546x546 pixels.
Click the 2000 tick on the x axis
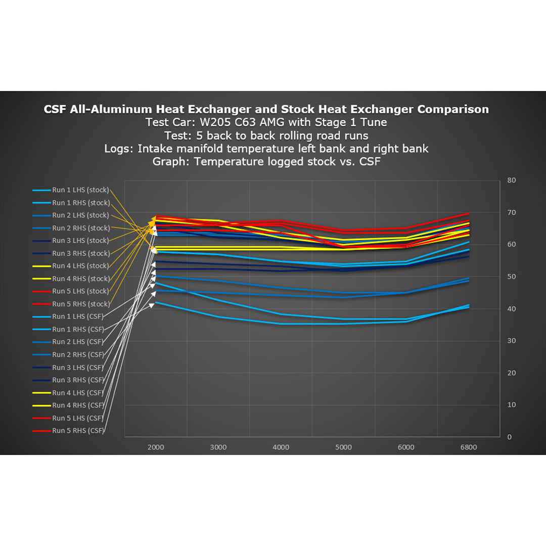coord(156,447)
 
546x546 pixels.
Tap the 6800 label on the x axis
coord(468,447)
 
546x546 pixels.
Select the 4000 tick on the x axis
coord(281,447)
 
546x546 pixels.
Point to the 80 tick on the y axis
coord(512,180)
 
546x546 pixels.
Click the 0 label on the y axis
coord(510,437)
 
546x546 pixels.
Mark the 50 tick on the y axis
coord(512,277)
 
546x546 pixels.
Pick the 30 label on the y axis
coord(512,341)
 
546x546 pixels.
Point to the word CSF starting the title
coord(56,109)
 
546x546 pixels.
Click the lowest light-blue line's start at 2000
coord(156,302)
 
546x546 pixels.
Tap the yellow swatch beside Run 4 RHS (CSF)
coord(41,405)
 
